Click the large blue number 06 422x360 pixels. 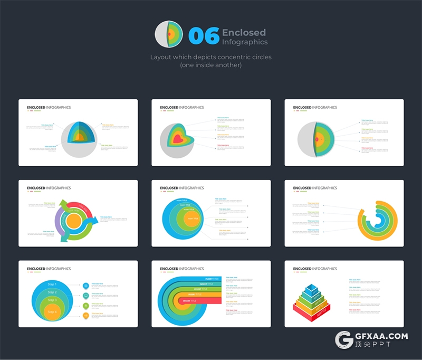pyautogui.click(x=204, y=36)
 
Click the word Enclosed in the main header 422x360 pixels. pyautogui.click(x=244, y=32)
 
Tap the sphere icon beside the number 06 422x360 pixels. pyautogui.click(x=169, y=35)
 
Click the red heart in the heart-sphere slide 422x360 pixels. pyautogui.click(x=178, y=139)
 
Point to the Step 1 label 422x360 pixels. pyautogui.click(x=52, y=285)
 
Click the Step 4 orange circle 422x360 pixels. pyautogui.click(x=52, y=311)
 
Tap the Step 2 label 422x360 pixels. pyautogui.click(x=52, y=292)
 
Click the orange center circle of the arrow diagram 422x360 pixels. pyautogui.click(x=74, y=221)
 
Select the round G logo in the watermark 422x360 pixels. pyautogui.click(x=345, y=341)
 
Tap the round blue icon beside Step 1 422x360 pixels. pyautogui.click(x=86, y=286)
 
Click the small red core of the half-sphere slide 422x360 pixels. pyautogui.click(x=317, y=139)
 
